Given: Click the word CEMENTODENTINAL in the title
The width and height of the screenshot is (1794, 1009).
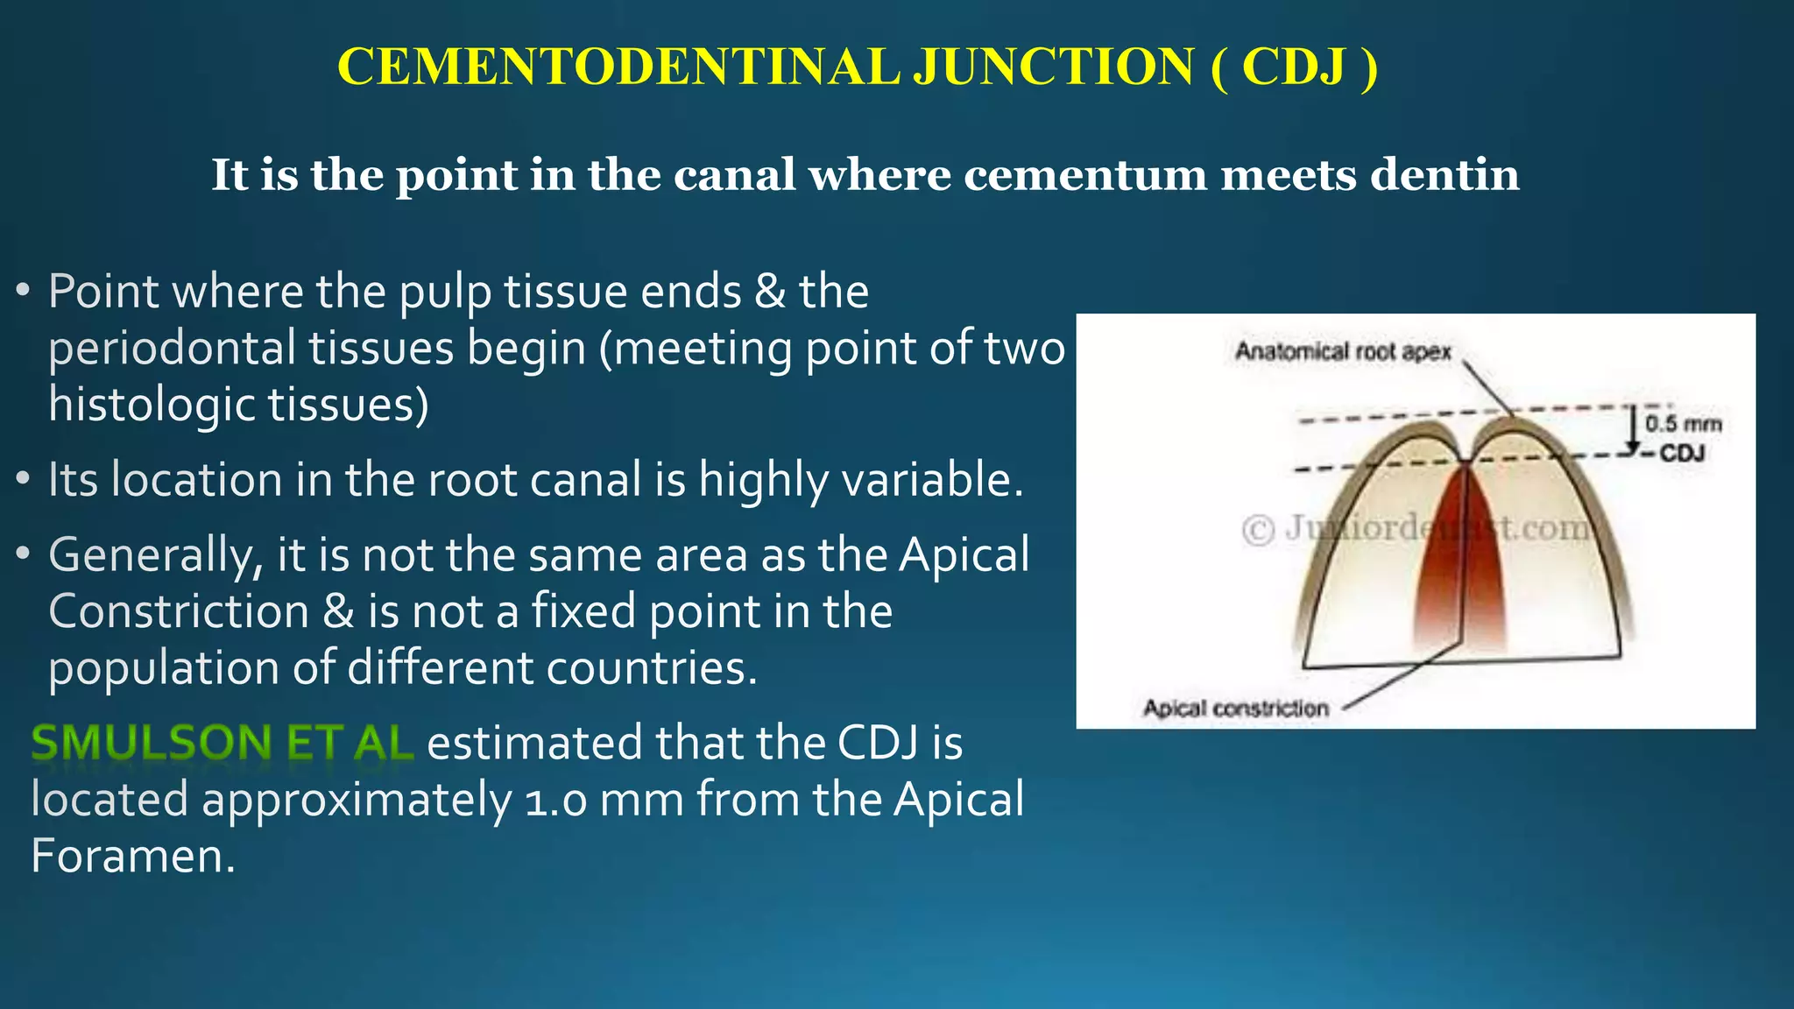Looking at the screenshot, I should click(618, 67).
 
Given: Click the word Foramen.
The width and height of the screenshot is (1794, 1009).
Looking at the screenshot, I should click(132, 857).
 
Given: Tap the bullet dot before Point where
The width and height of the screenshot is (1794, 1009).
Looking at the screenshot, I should click(24, 290).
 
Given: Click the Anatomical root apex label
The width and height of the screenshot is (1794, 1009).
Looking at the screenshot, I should click(1342, 352).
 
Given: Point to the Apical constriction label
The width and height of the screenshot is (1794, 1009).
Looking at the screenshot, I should click(1235, 708).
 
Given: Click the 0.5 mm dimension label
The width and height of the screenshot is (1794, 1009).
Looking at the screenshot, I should click(1683, 425).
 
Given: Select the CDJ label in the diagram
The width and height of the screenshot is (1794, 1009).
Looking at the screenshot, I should click(1681, 454).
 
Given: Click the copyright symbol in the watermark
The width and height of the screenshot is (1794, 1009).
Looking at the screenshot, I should click(1259, 530).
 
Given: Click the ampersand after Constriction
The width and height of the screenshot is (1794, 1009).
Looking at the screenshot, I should click(338, 612).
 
